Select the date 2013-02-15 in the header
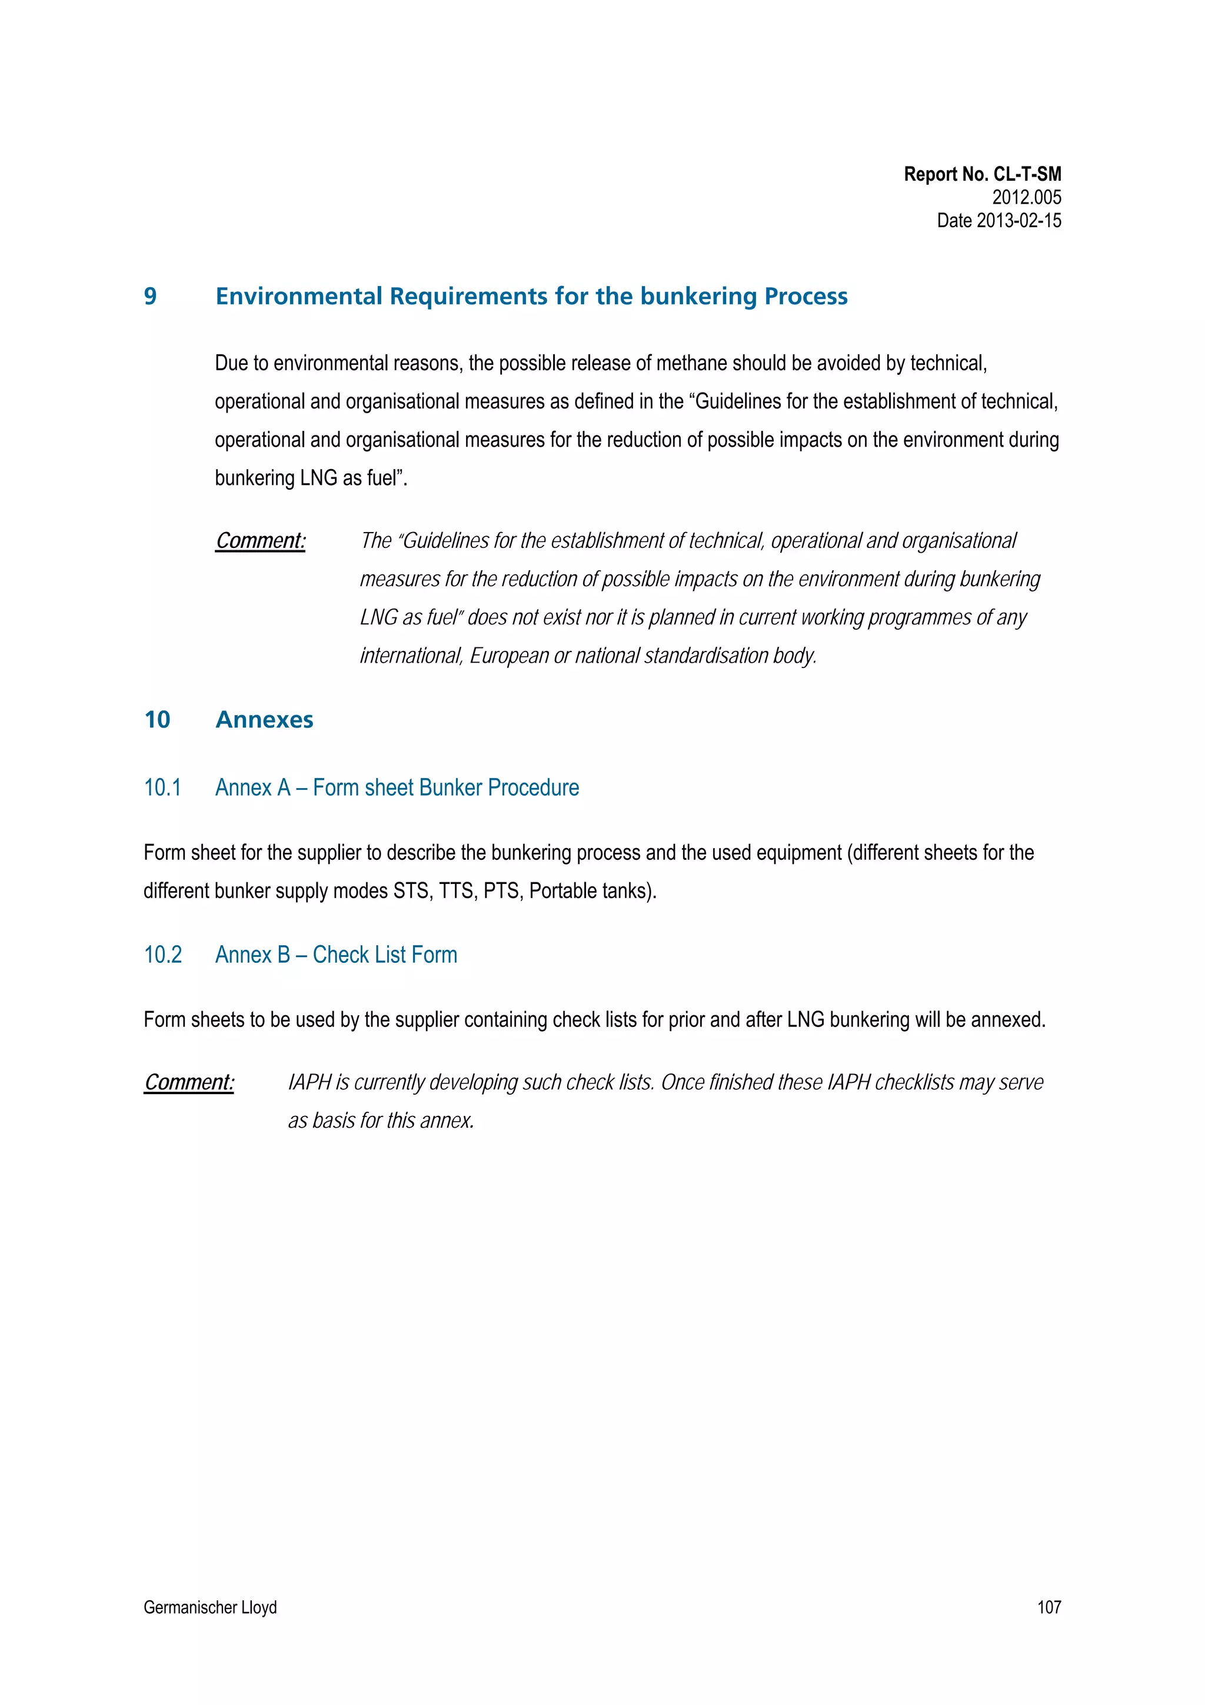pyautogui.click(x=1018, y=221)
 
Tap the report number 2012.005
pyautogui.click(x=1026, y=198)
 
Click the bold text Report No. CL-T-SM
pyautogui.click(x=981, y=175)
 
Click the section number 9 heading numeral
pyautogui.click(x=150, y=296)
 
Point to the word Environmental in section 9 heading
pyautogui.click(x=300, y=296)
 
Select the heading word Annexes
pyautogui.click(x=264, y=720)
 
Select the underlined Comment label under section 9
pyautogui.click(x=261, y=541)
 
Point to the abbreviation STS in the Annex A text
pyautogui.click(x=411, y=890)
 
